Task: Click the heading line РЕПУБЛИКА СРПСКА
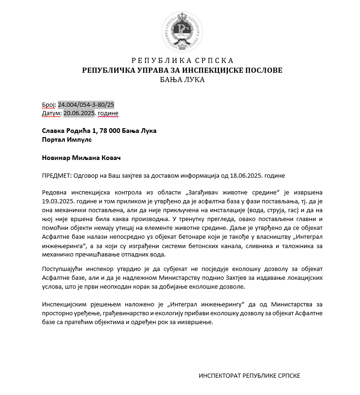click(182, 61)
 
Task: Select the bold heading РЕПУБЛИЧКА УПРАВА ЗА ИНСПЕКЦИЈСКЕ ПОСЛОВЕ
click(182, 70)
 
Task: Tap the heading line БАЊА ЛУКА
click(182, 79)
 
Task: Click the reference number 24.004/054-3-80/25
click(86, 104)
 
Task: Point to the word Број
click(48, 104)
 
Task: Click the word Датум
click(51, 113)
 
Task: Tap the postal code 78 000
click(103, 131)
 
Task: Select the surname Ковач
click(110, 158)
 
